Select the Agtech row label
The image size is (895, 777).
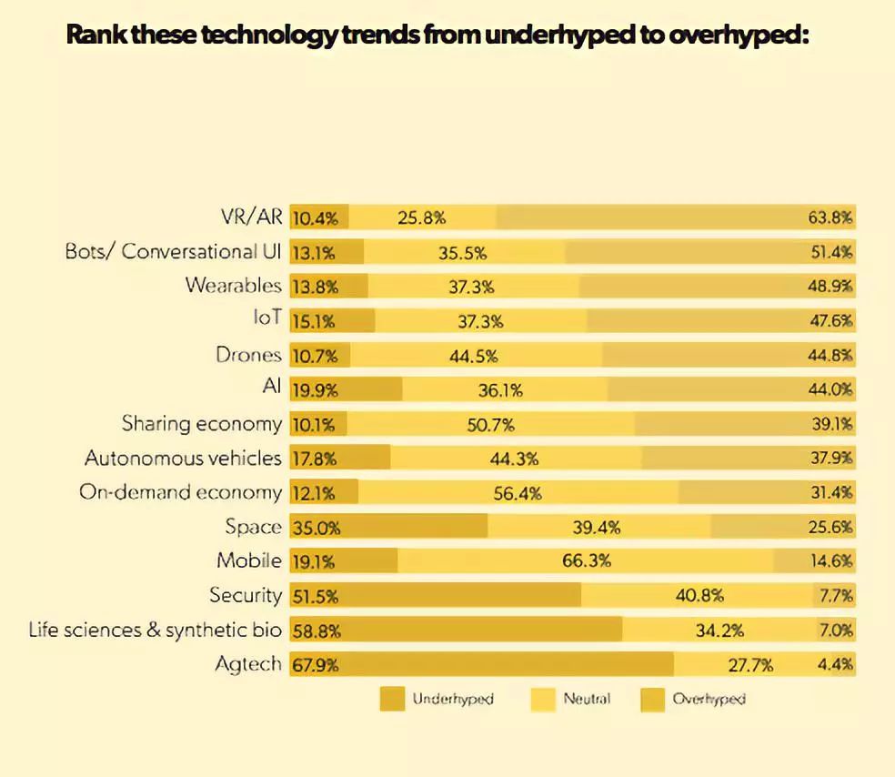point(248,664)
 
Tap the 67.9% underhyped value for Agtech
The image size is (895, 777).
point(316,665)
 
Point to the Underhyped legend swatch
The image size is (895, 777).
point(392,699)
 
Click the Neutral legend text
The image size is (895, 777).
point(587,699)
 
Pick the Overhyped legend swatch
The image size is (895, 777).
point(652,699)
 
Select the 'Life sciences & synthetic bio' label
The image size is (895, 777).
point(155,630)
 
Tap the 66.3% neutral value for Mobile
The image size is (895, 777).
point(586,561)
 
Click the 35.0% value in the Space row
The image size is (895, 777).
point(316,527)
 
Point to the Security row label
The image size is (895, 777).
point(246,595)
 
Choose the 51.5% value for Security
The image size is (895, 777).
point(316,596)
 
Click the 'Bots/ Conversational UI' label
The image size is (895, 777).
point(173,251)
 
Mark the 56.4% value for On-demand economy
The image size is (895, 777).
point(518,493)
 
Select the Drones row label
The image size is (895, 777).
point(248,355)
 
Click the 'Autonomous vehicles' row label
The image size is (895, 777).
point(183,458)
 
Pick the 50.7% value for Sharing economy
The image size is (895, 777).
point(491,424)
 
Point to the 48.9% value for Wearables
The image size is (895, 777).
point(831,287)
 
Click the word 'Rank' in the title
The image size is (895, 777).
point(96,36)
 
